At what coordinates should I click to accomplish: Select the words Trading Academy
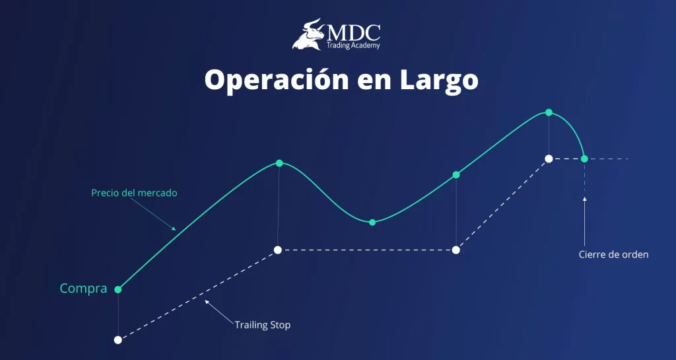[x=353, y=45]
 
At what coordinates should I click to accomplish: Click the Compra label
[x=83, y=289]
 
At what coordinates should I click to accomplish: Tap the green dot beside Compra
[x=118, y=289]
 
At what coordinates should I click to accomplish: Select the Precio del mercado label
[x=134, y=194]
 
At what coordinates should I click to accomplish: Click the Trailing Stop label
[x=262, y=325]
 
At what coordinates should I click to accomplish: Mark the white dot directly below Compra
[x=118, y=340]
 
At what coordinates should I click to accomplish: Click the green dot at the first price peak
[x=279, y=163]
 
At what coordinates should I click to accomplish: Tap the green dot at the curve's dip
[x=372, y=222]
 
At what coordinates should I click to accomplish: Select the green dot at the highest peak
[x=549, y=112]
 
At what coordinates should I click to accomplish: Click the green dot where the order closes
[x=584, y=159]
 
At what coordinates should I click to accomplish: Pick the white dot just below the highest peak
[x=549, y=159]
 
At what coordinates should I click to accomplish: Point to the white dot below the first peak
[x=278, y=250]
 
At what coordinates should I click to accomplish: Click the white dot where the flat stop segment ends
[x=456, y=250]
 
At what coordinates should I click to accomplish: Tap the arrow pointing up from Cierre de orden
[x=584, y=198]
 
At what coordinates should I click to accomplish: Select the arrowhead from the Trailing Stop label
[x=207, y=302]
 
